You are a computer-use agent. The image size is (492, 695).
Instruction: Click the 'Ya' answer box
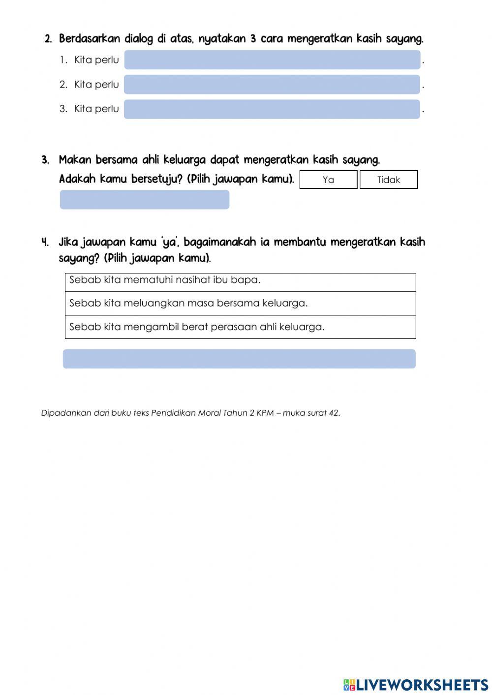pos(328,180)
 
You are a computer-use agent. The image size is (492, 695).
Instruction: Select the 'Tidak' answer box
pos(388,180)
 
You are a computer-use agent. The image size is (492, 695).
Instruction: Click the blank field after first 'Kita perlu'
pos(272,60)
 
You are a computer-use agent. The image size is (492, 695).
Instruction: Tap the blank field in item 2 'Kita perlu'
pos(272,85)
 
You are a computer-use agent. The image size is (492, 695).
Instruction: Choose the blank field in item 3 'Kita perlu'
pos(272,109)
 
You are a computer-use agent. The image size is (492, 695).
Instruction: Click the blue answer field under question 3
pos(144,200)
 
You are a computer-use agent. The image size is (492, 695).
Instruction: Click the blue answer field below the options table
pos(239,359)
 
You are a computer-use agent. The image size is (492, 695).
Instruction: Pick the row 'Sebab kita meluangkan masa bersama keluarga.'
pos(240,303)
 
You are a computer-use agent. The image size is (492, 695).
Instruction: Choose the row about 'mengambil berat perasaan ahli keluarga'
pos(240,327)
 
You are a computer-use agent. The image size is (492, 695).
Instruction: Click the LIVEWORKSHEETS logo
pos(415,685)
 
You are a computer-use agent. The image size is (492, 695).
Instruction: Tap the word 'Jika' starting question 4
pos(68,242)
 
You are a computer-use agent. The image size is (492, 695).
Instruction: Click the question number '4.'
pos(45,242)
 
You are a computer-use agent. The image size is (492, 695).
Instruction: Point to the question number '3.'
pos(45,160)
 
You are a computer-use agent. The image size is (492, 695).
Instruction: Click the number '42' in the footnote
pos(334,413)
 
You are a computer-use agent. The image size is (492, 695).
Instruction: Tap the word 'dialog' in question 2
pos(139,38)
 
